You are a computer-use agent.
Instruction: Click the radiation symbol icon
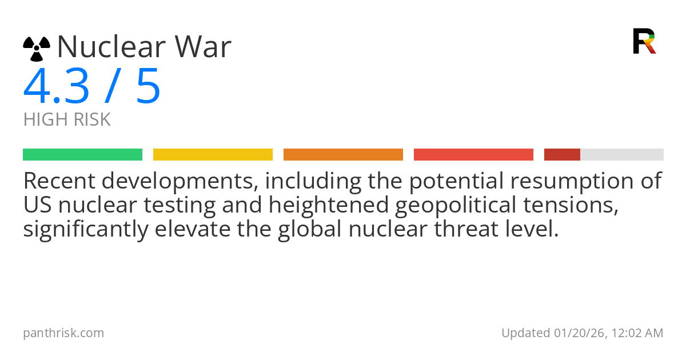[37, 49]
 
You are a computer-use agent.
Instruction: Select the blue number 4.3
[57, 87]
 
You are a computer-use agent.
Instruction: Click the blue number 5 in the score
[148, 87]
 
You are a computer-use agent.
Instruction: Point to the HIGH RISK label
[67, 120]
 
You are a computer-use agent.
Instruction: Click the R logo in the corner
[644, 41]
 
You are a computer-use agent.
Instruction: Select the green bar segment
[82, 154]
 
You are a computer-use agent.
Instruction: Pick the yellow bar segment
[213, 154]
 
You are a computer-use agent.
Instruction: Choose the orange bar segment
[343, 154]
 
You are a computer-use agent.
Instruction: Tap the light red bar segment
[473, 154]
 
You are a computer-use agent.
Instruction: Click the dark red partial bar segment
[562, 154]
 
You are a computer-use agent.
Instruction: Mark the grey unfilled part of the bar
[622, 154]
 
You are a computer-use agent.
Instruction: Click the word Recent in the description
[59, 181]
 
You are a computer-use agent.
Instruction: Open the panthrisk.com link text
[63, 333]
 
